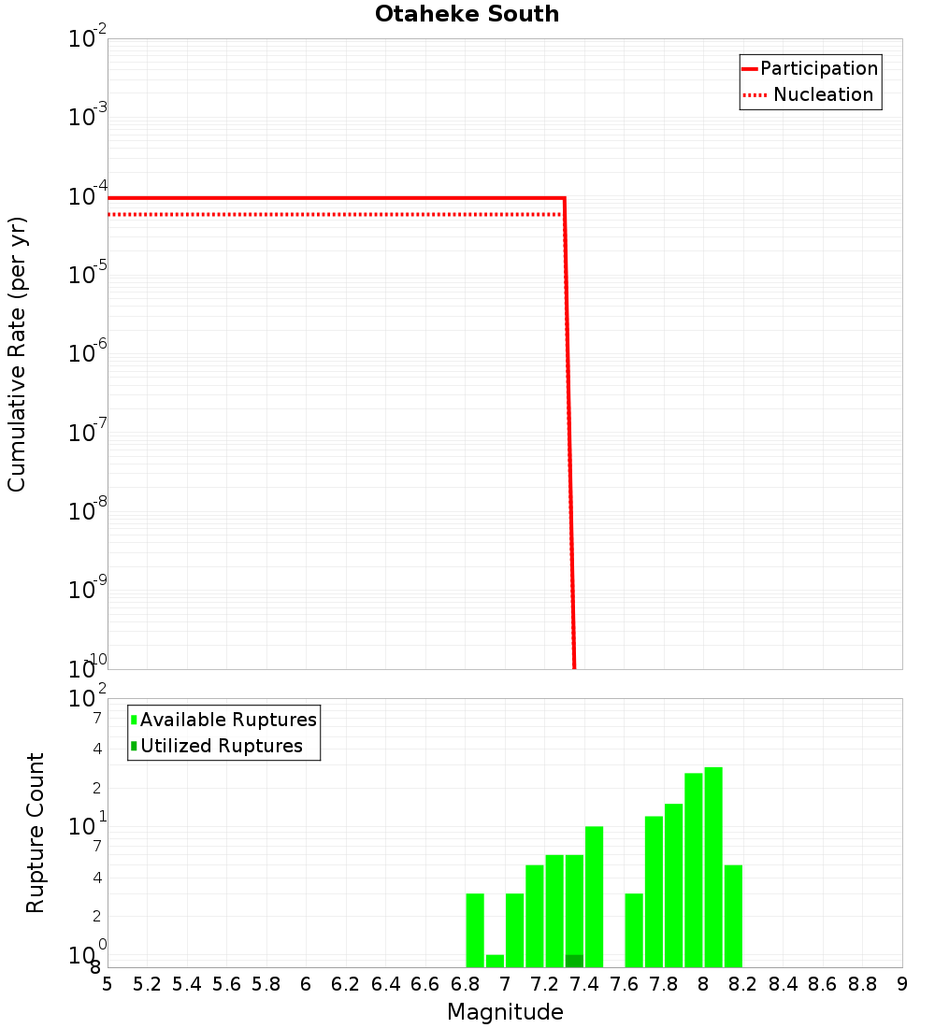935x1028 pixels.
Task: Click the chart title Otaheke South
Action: point(467,14)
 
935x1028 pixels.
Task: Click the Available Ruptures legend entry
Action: point(228,720)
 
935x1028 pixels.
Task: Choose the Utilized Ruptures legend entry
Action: point(221,746)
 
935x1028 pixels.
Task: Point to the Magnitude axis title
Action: point(505,1012)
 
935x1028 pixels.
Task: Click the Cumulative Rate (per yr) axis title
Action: point(17,354)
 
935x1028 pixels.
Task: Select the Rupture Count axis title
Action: point(36,833)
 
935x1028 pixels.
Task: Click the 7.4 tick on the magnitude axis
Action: point(584,984)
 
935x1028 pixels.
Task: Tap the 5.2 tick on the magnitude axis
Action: point(148,984)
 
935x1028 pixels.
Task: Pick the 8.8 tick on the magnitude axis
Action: point(862,984)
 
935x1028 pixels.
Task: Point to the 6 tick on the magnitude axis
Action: point(306,984)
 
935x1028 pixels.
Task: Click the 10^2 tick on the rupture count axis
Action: point(89,699)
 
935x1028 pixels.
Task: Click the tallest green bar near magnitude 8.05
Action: point(713,867)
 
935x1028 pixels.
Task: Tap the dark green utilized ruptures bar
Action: point(574,961)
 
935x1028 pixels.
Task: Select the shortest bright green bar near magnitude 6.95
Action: point(495,961)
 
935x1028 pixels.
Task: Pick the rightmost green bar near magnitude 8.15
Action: point(733,916)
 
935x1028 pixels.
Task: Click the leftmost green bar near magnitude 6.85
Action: point(475,930)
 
